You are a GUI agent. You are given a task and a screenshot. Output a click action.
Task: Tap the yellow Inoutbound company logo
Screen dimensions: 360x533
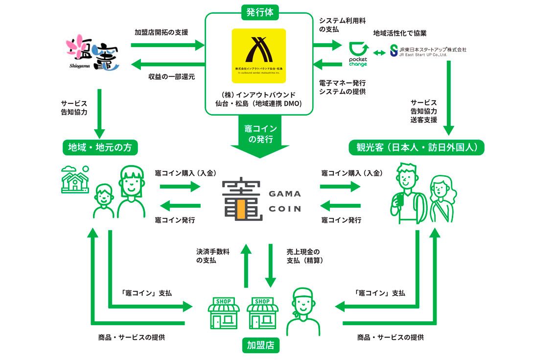(259, 55)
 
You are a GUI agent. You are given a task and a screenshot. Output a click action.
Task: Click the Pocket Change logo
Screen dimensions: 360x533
(358, 54)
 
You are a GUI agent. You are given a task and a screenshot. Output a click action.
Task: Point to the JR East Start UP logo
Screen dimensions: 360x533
(428, 51)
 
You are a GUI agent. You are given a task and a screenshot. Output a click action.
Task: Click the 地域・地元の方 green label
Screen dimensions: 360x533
(100, 147)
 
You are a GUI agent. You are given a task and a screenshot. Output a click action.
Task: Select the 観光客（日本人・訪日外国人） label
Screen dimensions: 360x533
(416, 147)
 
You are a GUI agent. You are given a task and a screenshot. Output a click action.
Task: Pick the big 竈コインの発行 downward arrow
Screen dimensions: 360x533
(260, 137)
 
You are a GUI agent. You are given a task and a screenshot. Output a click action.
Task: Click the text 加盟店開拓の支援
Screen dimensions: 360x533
(161, 32)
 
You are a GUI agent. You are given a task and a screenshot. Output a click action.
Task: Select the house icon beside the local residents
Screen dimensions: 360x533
(75, 179)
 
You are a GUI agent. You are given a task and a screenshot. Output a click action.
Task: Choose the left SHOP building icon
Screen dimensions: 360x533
(224, 313)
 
